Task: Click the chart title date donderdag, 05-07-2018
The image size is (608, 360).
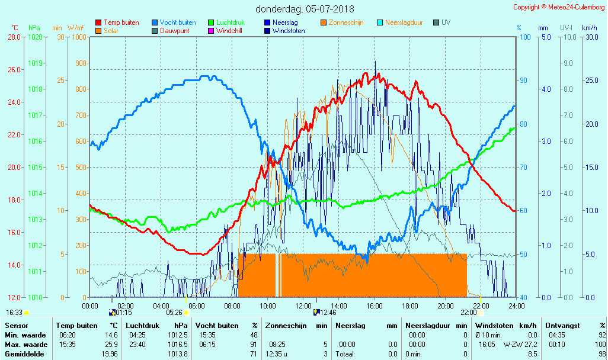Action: coord(305,9)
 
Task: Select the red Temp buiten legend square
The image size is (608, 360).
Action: coord(98,22)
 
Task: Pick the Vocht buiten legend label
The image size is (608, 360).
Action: coord(178,22)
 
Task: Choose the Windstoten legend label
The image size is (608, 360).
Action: coord(289,31)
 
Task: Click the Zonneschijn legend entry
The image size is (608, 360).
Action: coord(345,22)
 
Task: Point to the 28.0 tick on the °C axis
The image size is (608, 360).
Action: coord(14,37)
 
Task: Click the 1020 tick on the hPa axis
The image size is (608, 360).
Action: coord(35,37)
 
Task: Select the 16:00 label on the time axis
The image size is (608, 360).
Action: coord(374,306)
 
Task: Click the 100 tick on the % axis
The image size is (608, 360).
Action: coord(525,37)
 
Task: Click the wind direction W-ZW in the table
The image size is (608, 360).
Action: coord(513,344)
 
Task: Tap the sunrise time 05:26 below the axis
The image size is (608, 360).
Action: coord(174,313)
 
